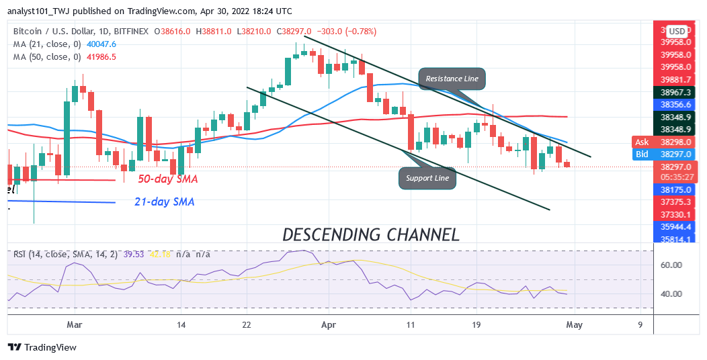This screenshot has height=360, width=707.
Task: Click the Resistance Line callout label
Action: (452, 79)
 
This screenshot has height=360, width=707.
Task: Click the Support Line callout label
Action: (427, 178)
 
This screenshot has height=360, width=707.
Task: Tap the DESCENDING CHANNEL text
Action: (371, 234)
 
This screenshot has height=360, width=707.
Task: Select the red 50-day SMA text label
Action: (167, 179)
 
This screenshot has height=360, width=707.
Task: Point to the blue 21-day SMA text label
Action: (164, 201)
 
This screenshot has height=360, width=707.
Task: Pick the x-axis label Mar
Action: (75, 324)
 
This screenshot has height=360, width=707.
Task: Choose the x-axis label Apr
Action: (329, 324)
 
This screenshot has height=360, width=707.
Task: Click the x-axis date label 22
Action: (247, 324)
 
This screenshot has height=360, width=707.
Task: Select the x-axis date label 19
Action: (476, 324)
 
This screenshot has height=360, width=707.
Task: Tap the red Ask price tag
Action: (642, 142)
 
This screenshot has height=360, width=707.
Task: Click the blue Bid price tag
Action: (642, 154)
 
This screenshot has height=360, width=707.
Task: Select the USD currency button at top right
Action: (676, 31)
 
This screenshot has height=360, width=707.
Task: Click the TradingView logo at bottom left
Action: (42, 347)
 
